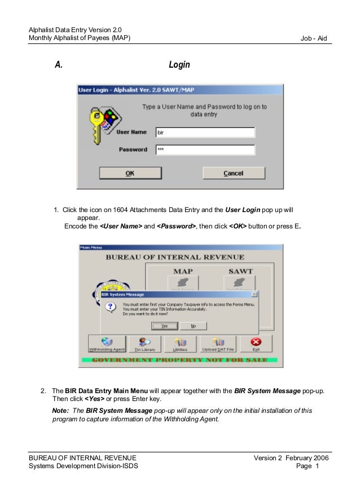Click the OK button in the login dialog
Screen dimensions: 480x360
click(130, 173)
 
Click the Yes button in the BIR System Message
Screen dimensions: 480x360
click(165, 326)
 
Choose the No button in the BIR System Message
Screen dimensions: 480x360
click(193, 326)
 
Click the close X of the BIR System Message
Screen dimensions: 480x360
click(254, 294)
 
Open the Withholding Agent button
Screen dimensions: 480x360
click(107, 344)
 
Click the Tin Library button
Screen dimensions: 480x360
click(144, 344)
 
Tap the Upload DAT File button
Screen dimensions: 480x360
click(217, 344)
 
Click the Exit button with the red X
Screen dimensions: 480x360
click(256, 344)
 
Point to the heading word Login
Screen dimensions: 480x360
click(179, 65)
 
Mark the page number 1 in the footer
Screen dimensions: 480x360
click(317, 466)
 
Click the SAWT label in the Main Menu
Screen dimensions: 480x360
click(240, 271)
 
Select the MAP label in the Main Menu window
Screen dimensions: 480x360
click(183, 271)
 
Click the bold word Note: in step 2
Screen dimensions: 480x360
click(60, 411)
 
